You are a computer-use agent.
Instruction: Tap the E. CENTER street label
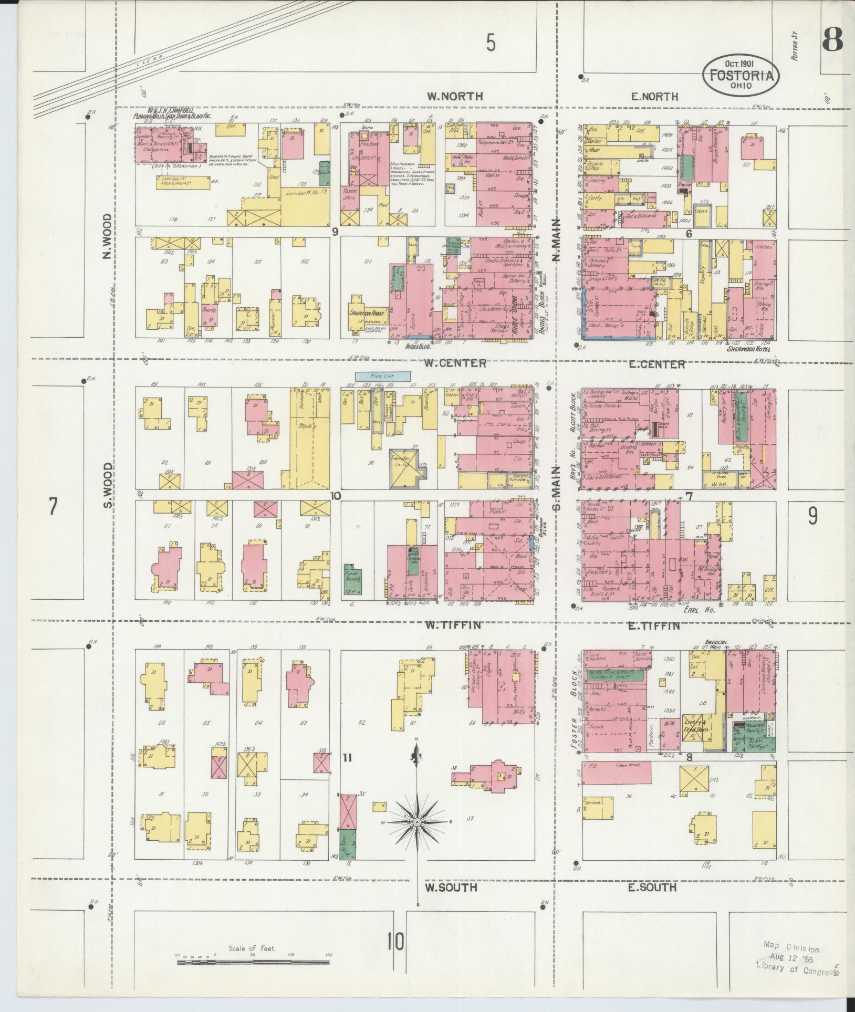coord(656,364)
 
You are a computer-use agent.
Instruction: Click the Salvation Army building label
coord(368,312)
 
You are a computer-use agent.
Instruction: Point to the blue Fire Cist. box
coord(382,376)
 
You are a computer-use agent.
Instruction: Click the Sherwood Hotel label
coord(752,348)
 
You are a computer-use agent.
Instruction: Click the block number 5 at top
coord(491,43)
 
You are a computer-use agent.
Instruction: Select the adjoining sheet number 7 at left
coord(53,507)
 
